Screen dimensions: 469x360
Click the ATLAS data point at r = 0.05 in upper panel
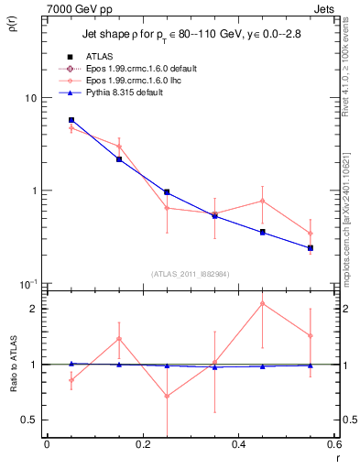(71, 120)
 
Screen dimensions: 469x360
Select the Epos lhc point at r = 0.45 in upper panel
(263, 201)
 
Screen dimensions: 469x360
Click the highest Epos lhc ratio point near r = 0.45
(263, 303)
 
